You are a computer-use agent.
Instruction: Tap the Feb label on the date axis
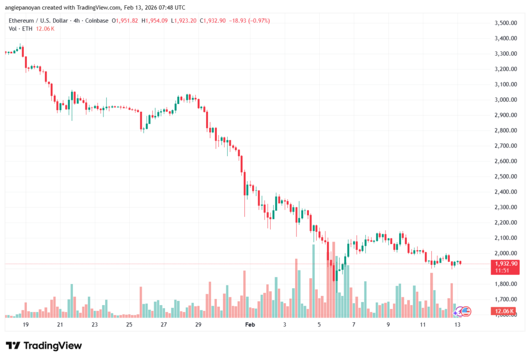(x=250, y=324)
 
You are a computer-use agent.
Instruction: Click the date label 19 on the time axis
(x=25, y=324)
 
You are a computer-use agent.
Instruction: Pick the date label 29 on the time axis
(x=198, y=324)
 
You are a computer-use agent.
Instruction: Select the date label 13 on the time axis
(x=458, y=324)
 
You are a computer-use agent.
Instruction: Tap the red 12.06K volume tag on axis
(x=504, y=311)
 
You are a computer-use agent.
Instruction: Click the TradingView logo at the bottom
(x=44, y=346)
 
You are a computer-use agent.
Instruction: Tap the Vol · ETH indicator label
(x=20, y=28)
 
